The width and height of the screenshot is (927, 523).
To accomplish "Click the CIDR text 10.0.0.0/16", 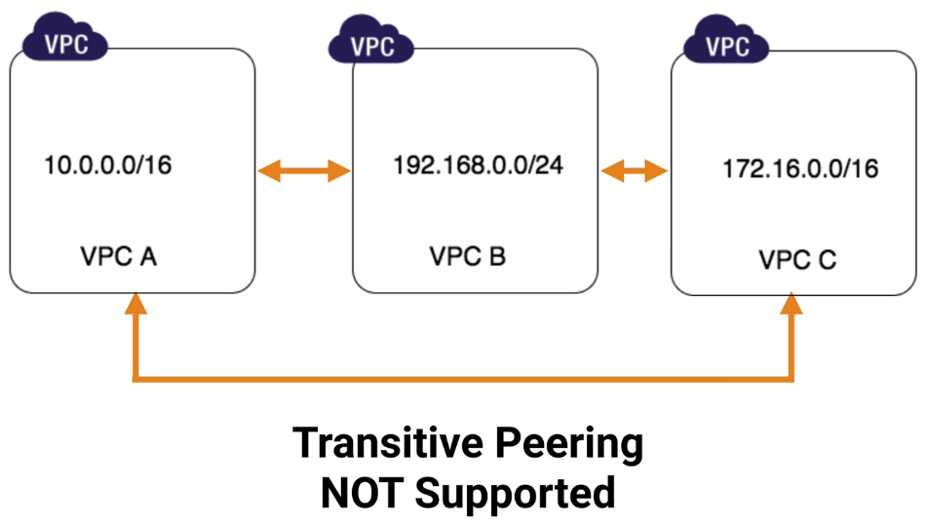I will [x=108, y=165].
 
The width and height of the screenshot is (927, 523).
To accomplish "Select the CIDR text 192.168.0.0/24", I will [x=478, y=164].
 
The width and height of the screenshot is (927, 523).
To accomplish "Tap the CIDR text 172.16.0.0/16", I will [x=799, y=168].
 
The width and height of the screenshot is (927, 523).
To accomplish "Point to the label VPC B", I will [x=467, y=257].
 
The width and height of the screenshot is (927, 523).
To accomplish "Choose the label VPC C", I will [x=797, y=260].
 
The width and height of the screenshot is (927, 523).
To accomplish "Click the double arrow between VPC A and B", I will [x=303, y=172].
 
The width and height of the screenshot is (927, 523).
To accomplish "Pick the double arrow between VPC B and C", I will [x=634, y=172].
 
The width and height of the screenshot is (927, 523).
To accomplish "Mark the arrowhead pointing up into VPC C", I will [x=792, y=305].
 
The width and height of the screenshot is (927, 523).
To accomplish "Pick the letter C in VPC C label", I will [x=827, y=260].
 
